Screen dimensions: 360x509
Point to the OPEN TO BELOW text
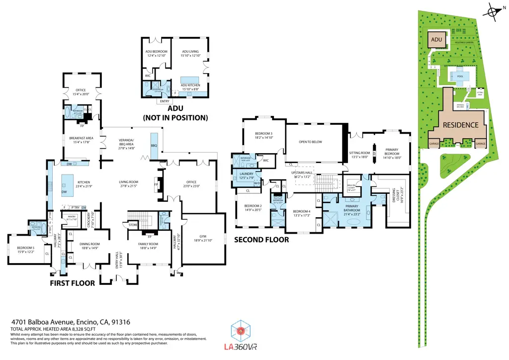click(311, 142)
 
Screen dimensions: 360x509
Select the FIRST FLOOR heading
click(72, 283)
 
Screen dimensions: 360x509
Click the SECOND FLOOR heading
click(261, 240)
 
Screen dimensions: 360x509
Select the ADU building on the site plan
click(436, 39)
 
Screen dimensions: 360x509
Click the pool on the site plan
click(457, 76)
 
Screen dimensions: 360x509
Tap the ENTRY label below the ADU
click(164, 101)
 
